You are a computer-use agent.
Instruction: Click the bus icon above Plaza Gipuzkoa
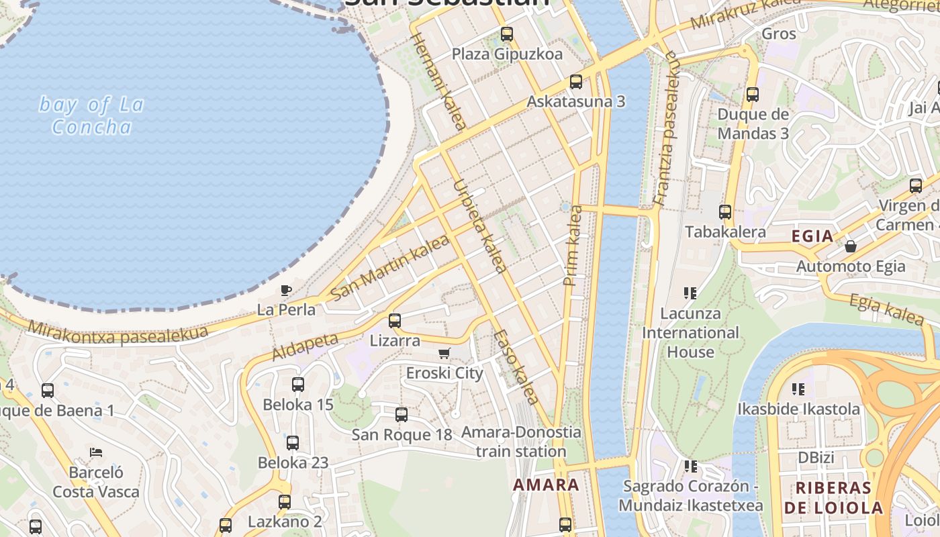(507, 34)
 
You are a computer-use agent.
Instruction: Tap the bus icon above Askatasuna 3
(576, 82)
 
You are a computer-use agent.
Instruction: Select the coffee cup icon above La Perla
(286, 291)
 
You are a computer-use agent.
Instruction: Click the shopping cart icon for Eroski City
(444, 353)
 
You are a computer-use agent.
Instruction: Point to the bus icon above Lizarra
(395, 321)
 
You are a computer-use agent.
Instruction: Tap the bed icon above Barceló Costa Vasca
(96, 452)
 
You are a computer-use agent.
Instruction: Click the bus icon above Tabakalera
(725, 212)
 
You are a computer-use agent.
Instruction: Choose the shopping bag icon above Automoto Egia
(851, 246)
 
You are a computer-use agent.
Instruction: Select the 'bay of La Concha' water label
(91, 115)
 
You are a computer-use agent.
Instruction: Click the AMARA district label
(546, 485)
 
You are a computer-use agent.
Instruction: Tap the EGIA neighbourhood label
(812, 236)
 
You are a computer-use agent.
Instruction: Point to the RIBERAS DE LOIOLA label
(833, 497)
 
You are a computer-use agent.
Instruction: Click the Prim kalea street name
(573, 246)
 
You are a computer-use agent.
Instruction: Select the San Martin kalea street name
(390, 267)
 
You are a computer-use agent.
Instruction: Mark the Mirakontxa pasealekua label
(118, 334)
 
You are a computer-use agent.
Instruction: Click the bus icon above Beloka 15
(298, 385)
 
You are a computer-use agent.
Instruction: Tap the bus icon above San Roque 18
(402, 415)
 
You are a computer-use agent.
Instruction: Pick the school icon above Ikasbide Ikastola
(798, 389)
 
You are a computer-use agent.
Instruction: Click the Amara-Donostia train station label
(521, 442)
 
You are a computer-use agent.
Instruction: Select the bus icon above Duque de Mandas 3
(753, 95)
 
